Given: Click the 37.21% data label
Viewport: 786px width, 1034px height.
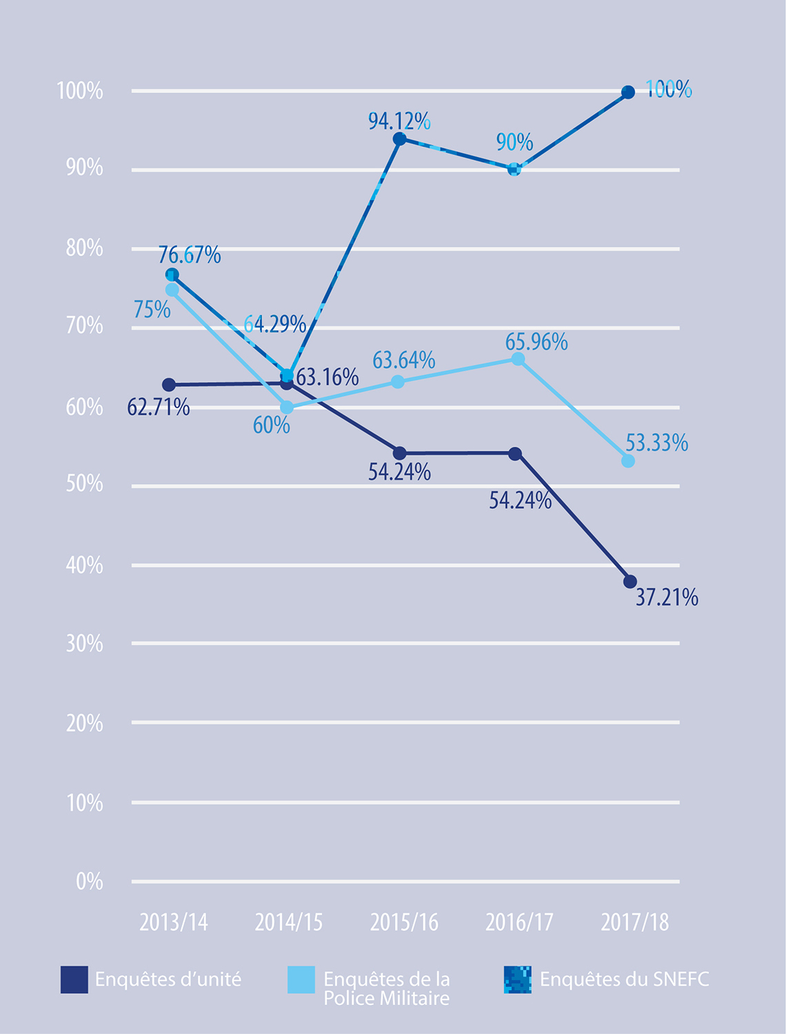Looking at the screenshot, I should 667,598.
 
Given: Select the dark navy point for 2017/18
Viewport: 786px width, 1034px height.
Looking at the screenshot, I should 629,582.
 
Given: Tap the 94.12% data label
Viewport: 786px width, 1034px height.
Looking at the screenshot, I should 399,121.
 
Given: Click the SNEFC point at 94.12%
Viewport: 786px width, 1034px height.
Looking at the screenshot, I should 399,139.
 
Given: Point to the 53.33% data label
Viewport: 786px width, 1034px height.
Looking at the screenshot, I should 656,443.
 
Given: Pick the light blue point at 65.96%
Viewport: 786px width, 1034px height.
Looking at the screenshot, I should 518,359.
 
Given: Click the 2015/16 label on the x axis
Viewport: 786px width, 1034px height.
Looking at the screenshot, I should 404,922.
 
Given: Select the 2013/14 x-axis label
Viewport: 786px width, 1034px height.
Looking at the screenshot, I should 174,922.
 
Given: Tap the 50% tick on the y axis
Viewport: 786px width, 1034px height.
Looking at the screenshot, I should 85,484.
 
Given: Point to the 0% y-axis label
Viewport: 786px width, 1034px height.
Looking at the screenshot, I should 90,882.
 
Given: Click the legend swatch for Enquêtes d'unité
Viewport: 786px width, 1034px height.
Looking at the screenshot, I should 74,980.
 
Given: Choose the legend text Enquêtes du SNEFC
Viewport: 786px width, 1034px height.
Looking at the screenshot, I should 624,979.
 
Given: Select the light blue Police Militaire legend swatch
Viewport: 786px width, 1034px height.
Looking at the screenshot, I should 301,980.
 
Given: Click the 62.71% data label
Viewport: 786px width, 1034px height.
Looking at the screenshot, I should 159,407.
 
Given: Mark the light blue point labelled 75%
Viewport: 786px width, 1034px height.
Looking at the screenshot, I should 172,290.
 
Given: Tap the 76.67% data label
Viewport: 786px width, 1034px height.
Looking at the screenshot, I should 190,255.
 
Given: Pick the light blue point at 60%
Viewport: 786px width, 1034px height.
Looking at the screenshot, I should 287,407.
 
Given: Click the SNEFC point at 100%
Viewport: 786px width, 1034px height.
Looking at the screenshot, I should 628,92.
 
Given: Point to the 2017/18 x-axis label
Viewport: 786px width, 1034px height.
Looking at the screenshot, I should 634,922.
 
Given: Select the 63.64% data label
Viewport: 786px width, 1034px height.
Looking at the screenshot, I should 404,361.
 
